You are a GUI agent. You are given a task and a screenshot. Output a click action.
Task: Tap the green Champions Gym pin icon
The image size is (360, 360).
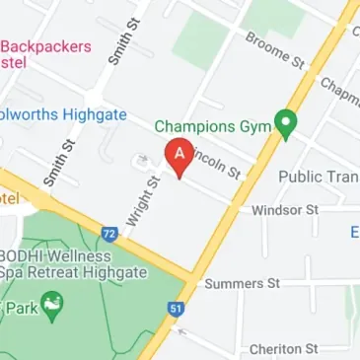[x=286, y=125]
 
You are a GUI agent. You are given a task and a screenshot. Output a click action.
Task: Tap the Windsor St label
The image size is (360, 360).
[x=285, y=210]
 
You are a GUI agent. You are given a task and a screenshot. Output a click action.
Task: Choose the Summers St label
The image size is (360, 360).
[x=242, y=284]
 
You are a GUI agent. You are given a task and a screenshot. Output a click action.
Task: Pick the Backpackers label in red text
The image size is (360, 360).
[x=46, y=46]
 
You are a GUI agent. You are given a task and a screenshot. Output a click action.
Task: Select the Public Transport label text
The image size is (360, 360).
[x=319, y=177]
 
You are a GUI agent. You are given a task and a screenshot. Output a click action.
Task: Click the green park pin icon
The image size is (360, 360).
[x=51, y=307]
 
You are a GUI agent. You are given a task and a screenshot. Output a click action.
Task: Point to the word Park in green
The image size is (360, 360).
[x=18, y=308]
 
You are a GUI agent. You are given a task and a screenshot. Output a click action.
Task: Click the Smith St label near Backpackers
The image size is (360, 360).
[x=120, y=42]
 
